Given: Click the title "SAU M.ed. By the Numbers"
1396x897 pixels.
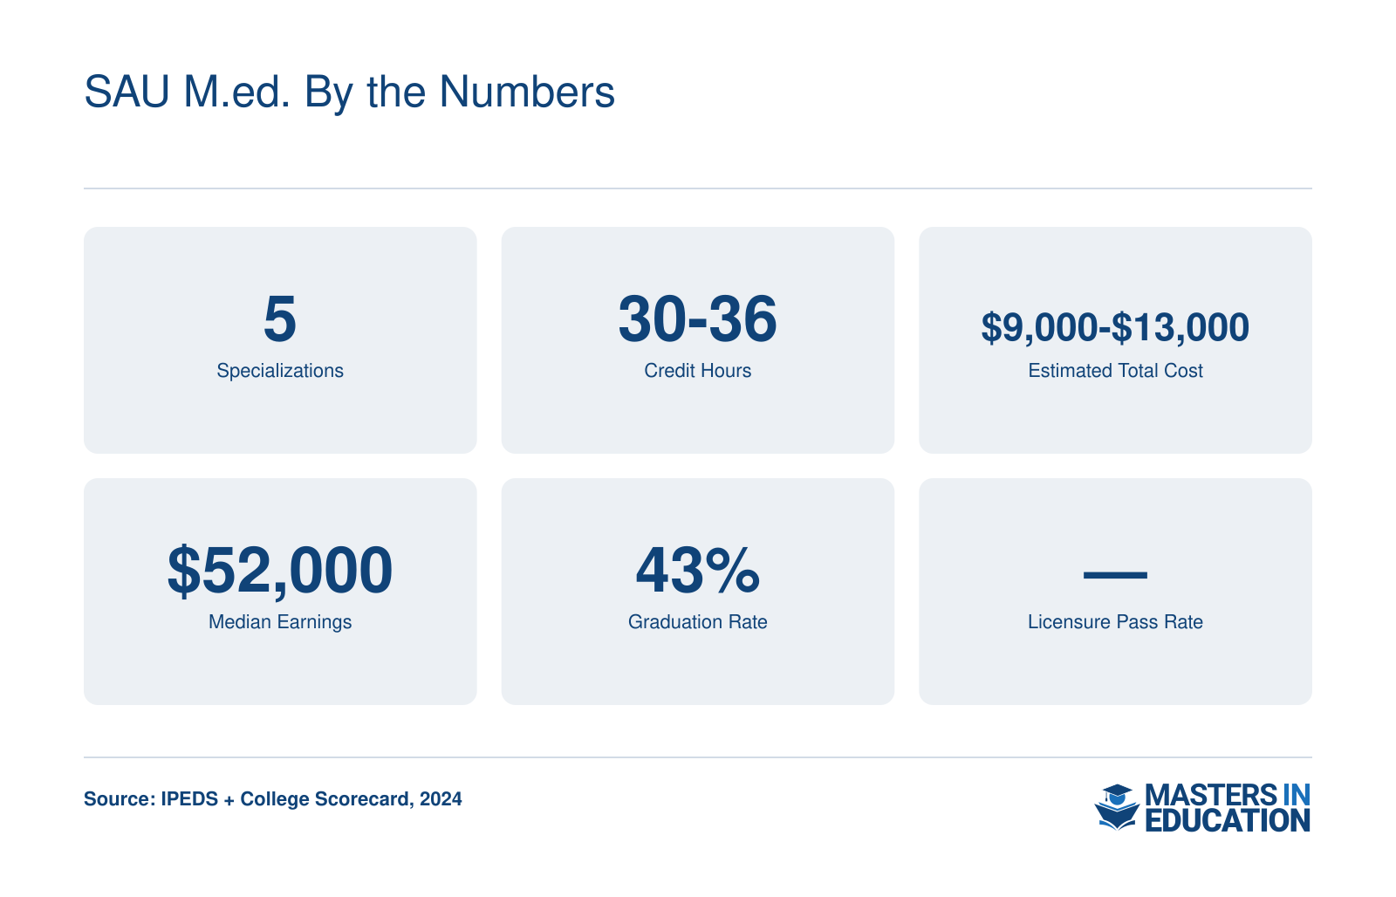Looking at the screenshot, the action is tap(349, 92).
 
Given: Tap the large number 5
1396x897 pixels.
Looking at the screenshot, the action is tap(280, 318).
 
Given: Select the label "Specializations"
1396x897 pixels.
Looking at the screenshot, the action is tap(280, 371).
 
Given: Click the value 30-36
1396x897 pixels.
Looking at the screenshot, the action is tap(697, 318).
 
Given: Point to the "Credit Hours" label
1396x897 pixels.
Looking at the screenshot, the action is tap(697, 371).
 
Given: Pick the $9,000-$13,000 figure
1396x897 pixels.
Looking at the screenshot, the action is tap(1115, 327).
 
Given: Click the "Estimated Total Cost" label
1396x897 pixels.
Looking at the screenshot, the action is tap(1115, 371).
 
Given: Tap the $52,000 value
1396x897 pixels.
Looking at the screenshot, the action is tap(280, 571).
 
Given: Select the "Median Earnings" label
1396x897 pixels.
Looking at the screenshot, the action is tap(280, 622).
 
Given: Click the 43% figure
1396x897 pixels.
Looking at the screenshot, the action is tap(697, 570).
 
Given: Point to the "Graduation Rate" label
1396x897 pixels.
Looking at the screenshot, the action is tap(697, 622).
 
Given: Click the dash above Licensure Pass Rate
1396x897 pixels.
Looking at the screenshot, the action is tap(1115, 575).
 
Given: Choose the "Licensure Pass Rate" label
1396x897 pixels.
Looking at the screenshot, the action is tap(1115, 622).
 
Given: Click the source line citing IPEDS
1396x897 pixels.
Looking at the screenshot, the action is tap(273, 799).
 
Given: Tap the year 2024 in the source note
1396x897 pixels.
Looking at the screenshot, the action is tap(441, 799).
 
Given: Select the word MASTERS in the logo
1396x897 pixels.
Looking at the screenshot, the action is tap(1211, 796).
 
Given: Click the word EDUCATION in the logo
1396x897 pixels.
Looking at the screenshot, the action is tap(1227, 820).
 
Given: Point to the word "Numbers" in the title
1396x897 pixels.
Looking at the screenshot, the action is tap(527, 92).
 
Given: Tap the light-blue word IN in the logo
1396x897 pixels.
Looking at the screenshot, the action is tap(1297, 796).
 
